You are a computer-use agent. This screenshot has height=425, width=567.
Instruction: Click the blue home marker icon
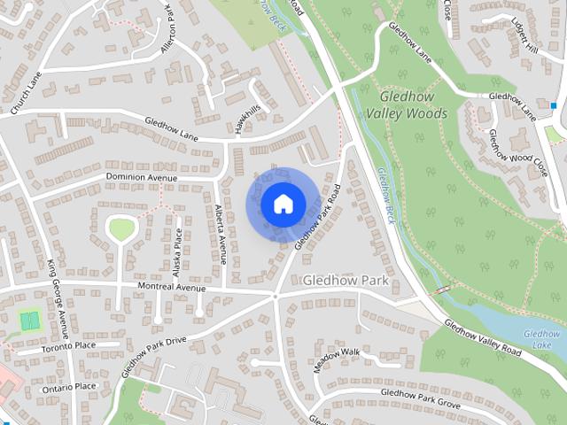(x=282, y=204)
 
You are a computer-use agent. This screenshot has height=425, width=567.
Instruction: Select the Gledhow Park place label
(x=346, y=281)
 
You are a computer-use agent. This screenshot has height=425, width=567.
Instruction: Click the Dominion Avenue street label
(x=142, y=177)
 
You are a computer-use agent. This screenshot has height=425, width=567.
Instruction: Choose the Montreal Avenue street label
(x=171, y=289)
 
